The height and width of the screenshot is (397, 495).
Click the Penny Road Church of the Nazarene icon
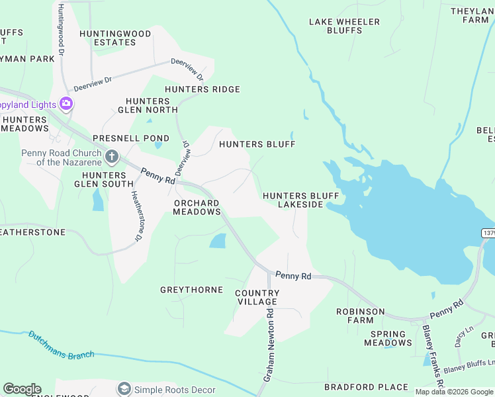[112, 157]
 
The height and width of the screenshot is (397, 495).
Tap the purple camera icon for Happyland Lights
[66, 104]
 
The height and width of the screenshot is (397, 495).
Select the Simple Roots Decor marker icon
[124, 389]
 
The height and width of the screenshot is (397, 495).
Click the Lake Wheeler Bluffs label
[344, 26]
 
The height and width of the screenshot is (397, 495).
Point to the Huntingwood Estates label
[107, 38]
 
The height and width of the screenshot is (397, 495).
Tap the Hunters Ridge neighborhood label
[202, 89]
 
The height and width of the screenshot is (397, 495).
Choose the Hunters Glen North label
[148, 105]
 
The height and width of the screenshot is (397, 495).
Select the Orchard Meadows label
[197, 207]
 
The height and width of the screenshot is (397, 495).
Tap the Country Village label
[257, 297]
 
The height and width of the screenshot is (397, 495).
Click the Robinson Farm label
[360, 316]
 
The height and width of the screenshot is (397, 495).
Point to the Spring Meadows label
[388, 338]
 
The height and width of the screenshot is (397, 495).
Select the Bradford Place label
[366, 386]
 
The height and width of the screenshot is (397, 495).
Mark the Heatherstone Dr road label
[136, 216]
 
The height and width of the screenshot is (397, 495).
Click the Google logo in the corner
[22, 389]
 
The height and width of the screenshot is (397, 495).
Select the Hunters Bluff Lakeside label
[300, 200]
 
